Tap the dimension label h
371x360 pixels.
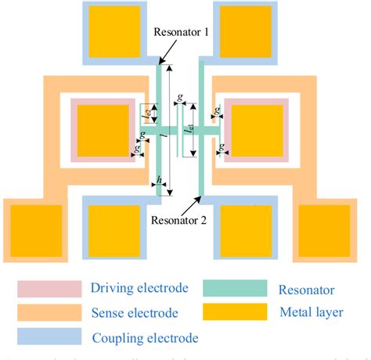tap(160, 181)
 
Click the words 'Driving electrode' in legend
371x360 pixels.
tap(139, 288)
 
